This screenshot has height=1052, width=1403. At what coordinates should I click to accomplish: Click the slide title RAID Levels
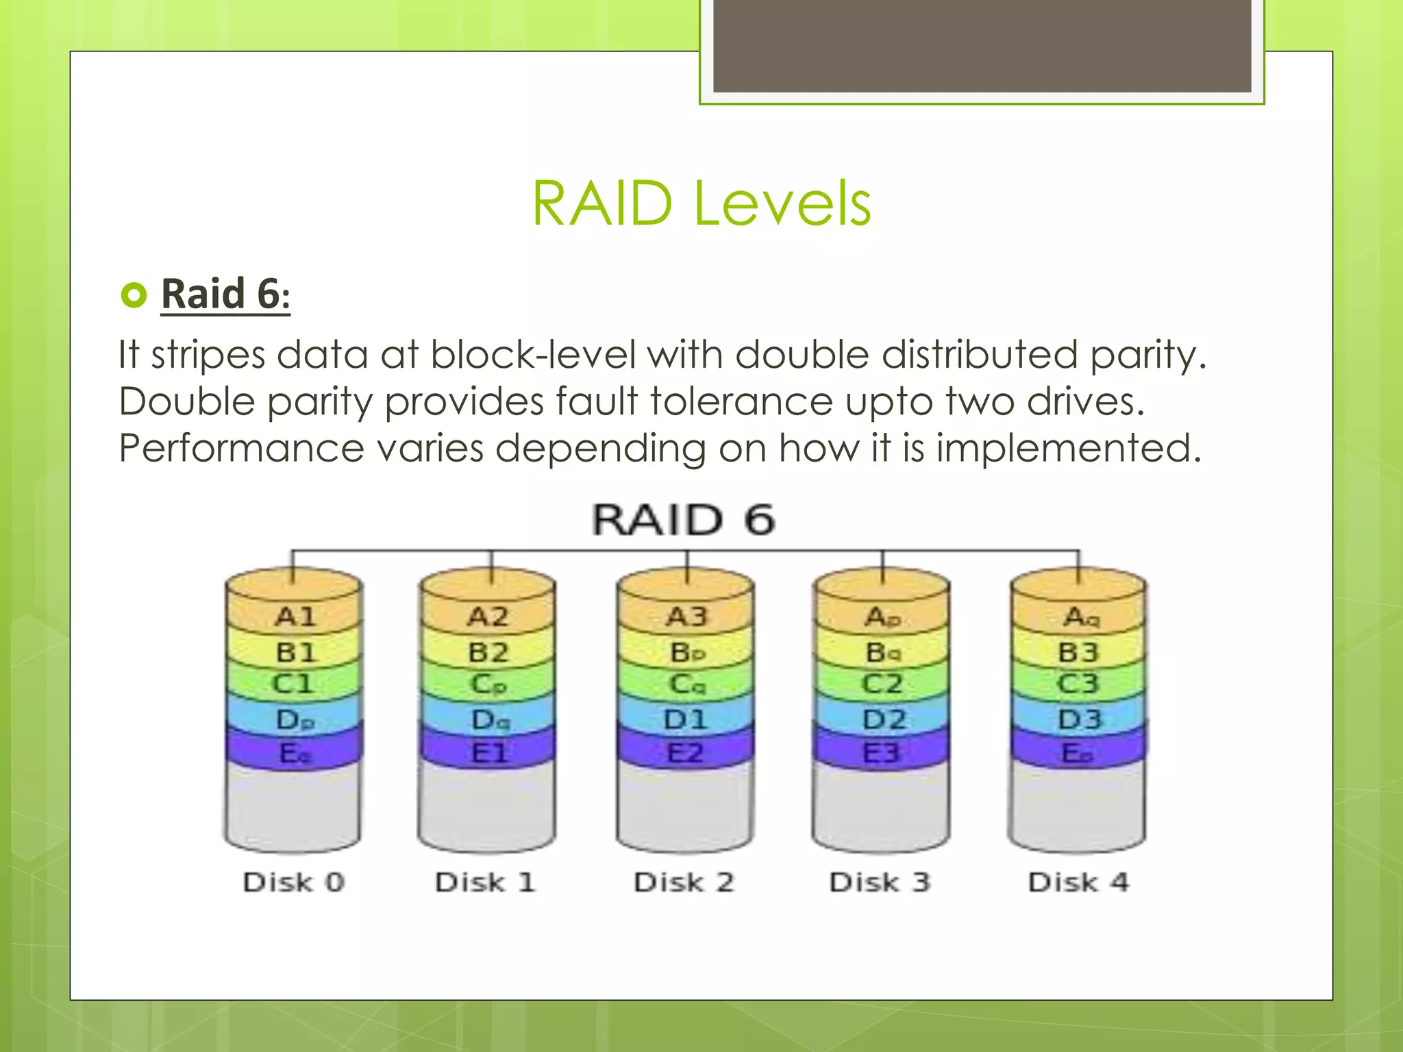(x=701, y=203)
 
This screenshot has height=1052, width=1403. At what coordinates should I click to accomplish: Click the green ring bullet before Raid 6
(x=134, y=295)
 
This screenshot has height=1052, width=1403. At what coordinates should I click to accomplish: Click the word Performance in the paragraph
(x=241, y=449)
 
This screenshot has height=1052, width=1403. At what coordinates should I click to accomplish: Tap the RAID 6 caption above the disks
(x=684, y=520)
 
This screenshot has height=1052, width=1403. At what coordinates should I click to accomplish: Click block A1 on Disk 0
(x=295, y=617)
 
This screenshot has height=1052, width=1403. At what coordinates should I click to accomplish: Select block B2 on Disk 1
(x=488, y=653)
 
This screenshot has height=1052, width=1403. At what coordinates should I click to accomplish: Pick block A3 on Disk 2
(x=686, y=617)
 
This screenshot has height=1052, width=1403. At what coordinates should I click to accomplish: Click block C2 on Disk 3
(x=882, y=684)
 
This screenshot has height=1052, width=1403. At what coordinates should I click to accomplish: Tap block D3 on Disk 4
(x=1079, y=719)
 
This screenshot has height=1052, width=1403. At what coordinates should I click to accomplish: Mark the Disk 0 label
(x=294, y=882)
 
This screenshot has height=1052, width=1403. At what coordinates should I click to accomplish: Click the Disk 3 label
(x=880, y=882)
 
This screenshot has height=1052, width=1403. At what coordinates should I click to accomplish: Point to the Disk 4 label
(x=1078, y=882)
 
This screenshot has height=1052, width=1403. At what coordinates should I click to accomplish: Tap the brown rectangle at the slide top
(x=982, y=45)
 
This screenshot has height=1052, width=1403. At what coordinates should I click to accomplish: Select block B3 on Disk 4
(x=1079, y=653)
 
